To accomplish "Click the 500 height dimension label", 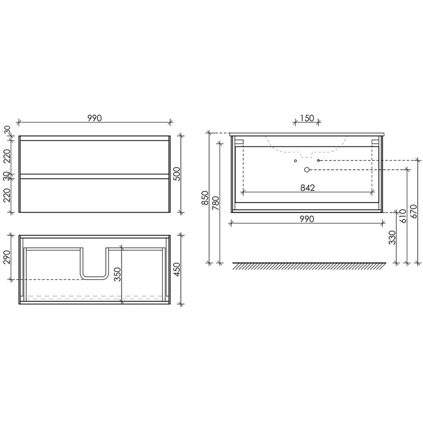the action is point(177,174).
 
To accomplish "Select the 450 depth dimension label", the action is point(177,269).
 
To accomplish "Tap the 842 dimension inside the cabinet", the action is point(308,188).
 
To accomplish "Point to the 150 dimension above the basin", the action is point(307,118).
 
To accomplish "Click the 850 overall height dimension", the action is point(205,198).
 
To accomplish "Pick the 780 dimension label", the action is point(216,203).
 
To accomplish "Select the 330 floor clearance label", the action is point(392,237).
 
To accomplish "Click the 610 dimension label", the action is point(403,216).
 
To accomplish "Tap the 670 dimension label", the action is point(414,212).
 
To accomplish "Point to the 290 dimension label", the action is point(7,257).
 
